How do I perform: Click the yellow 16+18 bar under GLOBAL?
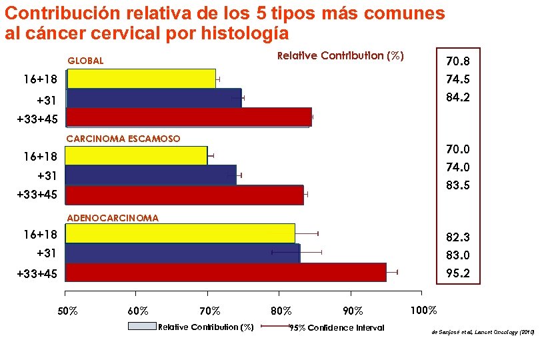[141, 79]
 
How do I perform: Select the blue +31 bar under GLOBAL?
[153, 98]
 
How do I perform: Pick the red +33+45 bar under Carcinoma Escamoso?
[184, 195]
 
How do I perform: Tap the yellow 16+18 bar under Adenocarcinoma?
[180, 233]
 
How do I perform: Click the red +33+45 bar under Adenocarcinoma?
[225, 273]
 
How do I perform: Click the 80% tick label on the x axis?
[281, 311]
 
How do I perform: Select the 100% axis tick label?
[423, 311]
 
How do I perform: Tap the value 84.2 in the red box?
[458, 97]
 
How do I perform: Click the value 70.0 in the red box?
[458, 150]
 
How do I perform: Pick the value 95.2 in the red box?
[458, 273]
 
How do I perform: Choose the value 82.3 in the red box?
[458, 237]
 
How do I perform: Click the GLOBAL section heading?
[85, 61]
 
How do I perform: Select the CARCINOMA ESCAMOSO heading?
[123, 139]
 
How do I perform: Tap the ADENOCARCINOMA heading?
[112, 218]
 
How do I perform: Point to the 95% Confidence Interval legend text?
[336, 327]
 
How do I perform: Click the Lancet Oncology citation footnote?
[483, 331]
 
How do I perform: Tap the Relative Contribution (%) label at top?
[340, 56]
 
